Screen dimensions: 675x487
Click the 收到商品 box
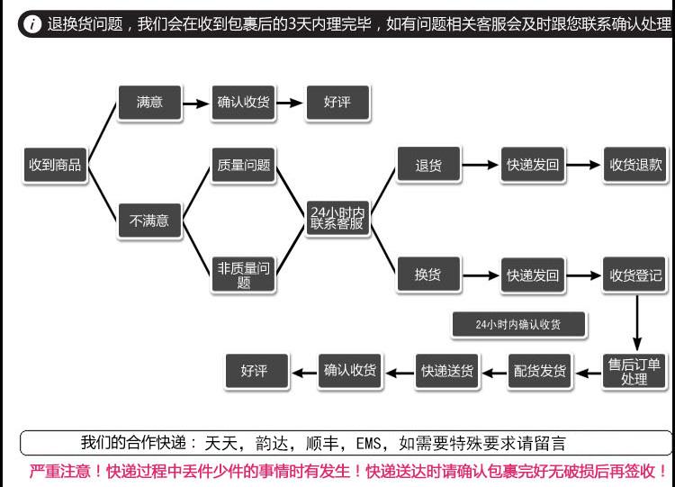[x=55, y=165]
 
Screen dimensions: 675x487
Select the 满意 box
[x=149, y=103]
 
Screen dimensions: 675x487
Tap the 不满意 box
[x=149, y=221]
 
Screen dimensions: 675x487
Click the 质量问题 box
[x=244, y=165]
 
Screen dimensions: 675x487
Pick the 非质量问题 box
[x=244, y=275]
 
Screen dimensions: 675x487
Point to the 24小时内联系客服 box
[x=337, y=218]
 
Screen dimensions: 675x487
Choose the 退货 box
[x=428, y=164]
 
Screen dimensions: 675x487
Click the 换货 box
[x=428, y=275]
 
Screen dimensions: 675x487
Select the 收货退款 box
[x=635, y=165]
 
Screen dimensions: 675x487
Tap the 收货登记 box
[x=635, y=275]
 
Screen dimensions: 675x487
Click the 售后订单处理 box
[x=634, y=371]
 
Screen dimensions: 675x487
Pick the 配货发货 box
[x=540, y=371]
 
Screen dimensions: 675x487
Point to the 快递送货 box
[x=446, y=371]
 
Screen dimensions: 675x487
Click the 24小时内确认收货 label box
[x=518, y=324]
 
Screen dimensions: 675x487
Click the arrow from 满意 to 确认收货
[x=196, y=104]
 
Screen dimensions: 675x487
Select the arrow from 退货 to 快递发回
[x=480, y=165]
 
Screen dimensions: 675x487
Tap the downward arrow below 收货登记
[x=637, y=323]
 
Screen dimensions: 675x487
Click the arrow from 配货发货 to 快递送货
[x=494, y=373]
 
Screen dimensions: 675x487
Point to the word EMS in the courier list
[x=368, y=443]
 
